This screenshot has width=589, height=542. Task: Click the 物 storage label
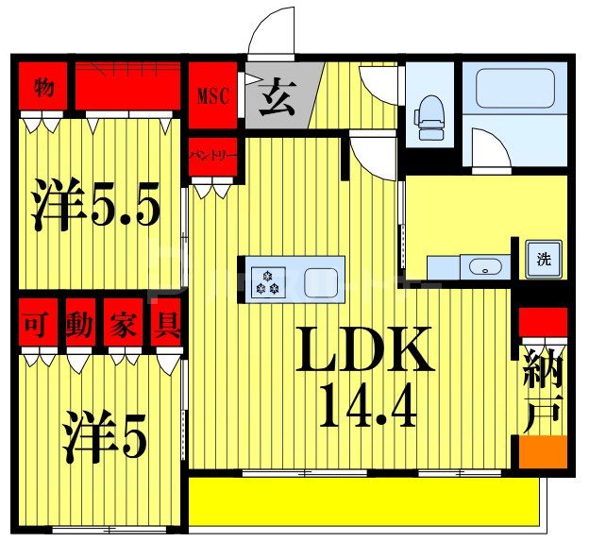tap(42, 89)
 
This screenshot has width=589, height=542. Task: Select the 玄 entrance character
tap(278, 96)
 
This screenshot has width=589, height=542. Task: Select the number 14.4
tap(367, 406)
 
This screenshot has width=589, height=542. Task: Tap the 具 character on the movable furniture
tap(166, 327)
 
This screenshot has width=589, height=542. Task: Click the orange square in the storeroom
tap(543, 450)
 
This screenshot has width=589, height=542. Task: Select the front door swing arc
tap(273, 29)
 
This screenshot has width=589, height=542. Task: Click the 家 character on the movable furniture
tap(122, 327)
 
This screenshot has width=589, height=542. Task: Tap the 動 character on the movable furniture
tap(80, 327)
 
